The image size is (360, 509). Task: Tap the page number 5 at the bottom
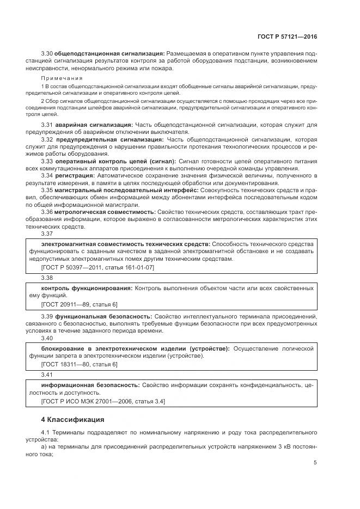tap(315, 463)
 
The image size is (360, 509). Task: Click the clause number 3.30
tap(47, 53)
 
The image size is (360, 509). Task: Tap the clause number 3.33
tap(47, 162)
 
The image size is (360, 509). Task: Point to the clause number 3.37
tap(47, 234)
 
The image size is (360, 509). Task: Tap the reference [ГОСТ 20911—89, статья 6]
tap(79, 304)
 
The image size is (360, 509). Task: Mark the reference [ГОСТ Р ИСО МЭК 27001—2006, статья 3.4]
tap(103, 401)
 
